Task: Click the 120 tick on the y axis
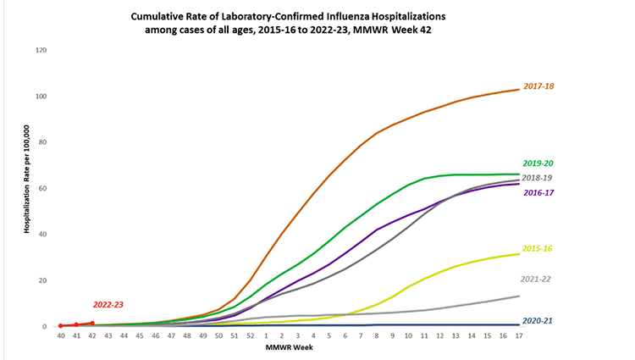point(39,49)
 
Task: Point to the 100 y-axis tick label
point(39,95)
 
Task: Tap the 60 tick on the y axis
point(41,187)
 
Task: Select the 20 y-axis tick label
point(41,280)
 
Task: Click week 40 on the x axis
point(61,336)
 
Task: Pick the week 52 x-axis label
point(250,336)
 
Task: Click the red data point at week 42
point(92,323)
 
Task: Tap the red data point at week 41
point(76,324)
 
